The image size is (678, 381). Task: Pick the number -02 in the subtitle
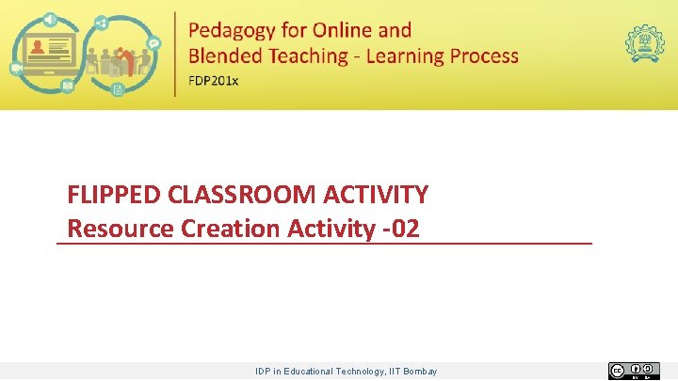coord(400,229)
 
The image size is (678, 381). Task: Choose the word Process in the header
coord(484,56)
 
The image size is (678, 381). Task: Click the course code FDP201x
coord(214,80)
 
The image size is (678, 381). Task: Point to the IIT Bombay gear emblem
coord(644,43)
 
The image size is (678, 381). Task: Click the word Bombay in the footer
coord(420,372)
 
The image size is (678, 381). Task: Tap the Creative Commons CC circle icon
coord(617,371)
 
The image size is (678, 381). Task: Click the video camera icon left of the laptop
coord(17,68)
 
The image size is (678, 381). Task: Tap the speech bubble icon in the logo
coord(153,42)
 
